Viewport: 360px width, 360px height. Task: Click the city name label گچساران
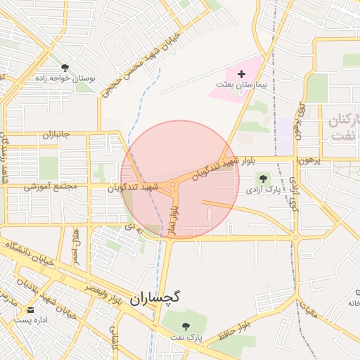pos(155,297)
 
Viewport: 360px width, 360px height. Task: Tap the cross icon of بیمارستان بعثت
pos(242,74)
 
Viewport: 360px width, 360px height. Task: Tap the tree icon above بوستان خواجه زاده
pos(65,67)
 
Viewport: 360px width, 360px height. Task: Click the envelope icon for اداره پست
pos(30,309)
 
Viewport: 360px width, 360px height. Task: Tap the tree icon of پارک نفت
pos(186,326)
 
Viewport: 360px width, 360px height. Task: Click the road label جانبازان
pos(57,134)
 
